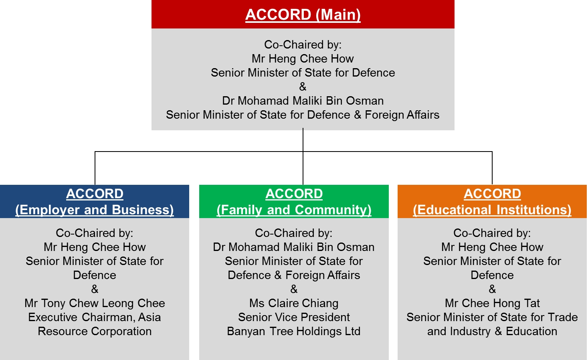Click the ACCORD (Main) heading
tap(303, 15)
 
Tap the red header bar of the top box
tap(303, 14)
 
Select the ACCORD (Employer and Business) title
tap(95, 202)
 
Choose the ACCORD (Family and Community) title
tap(294, 202)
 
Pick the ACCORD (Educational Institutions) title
tap(492, 202)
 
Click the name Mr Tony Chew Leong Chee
tap(95, 303)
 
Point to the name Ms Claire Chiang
tap(294, 303)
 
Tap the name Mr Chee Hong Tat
tap(492, 303)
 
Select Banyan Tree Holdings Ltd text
tap(294, 332)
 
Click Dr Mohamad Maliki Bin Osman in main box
tap(303, 101)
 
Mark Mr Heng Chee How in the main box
tap(303, 59)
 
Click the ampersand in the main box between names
tap(303, 87)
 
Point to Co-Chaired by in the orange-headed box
tap(492, 233)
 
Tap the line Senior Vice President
tap(294, 317)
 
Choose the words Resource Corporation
tap(95, 332)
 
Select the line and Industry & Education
tap(492, 332)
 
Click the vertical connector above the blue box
tap(95, 168)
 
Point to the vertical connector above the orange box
tap(492, 168)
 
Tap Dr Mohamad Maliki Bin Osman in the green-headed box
tap(294, 247)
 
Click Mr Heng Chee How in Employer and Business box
tap(95, 247)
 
